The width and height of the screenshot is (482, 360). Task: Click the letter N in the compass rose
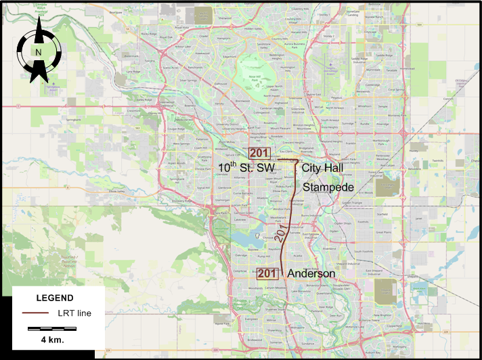[x=39, y=52]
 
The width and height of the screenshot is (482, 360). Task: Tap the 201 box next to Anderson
[x=267, y=273]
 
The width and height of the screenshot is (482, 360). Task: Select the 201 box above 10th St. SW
[x=259, y=153]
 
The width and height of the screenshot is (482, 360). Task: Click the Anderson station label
[x=311, y=273]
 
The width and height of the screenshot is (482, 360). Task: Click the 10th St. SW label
[x=246, y=167]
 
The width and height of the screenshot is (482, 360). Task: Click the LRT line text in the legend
[x=74, y=313]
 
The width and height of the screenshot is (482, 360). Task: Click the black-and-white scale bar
[x=52, y=328]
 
